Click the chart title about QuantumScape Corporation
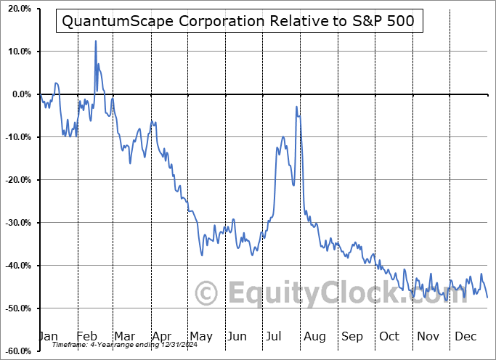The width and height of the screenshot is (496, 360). click(x=238, y=22)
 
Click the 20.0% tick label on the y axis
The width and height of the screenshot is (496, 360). click(x=17, y=9)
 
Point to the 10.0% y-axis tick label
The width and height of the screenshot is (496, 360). click(x=17, y=52)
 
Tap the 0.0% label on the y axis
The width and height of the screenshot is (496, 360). click(x=20, y=95)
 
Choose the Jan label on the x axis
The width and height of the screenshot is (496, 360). click(x=47, y=337)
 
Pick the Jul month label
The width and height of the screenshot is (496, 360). click(x=275, y=337)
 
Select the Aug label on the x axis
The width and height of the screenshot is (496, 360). click(x=314, y=337)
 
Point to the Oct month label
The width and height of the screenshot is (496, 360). click(x=389, y=337)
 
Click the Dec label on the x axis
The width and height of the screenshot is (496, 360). click(x=465, y=337)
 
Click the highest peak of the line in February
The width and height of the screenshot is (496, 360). click(x=96, y=41)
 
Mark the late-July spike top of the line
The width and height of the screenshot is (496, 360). click(x=296, y=107)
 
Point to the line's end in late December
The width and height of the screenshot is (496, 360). click(x=487, y=297)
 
